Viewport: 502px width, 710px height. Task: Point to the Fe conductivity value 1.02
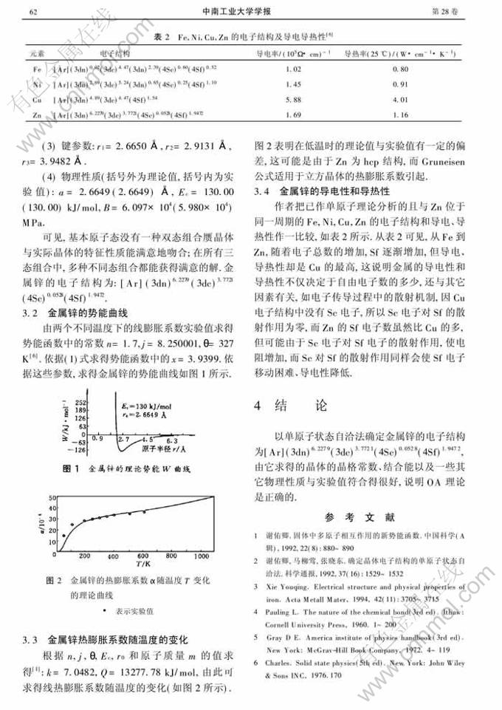point(294,69)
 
